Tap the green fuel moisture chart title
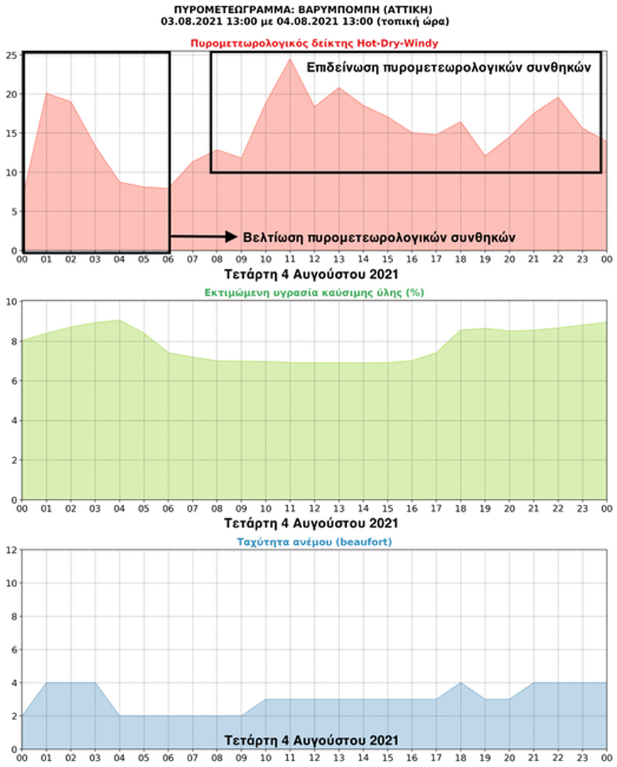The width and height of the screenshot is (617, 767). click(313, 292)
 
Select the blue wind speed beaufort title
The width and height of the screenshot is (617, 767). click(313, 541)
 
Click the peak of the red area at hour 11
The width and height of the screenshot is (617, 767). click(290, 59)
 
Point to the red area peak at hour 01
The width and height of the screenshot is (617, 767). click(46, 93)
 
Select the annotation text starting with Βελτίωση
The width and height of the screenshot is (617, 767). click(379, 237)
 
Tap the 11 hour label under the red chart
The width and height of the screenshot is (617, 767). click(290, 260)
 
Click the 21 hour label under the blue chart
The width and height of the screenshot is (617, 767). click(534, 758)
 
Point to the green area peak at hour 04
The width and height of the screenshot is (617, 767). click(119, 320)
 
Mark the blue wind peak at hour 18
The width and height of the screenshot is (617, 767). click(461, 682)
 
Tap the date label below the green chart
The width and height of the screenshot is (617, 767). click(311, 523)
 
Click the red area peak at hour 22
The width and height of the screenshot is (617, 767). click(559, 97)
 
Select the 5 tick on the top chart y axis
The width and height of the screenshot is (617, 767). click(13, 212)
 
